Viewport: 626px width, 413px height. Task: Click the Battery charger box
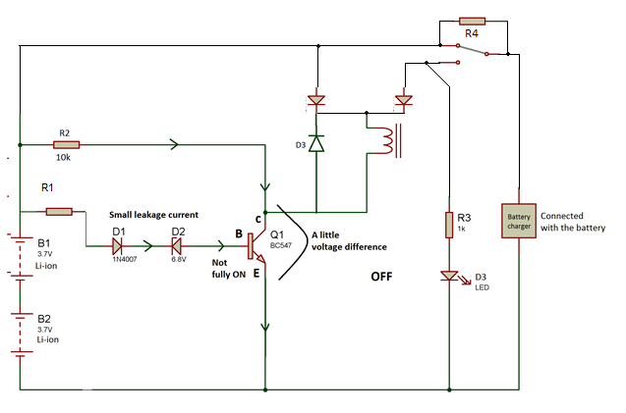pos(519,221)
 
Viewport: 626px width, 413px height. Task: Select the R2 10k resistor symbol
pos(66,145)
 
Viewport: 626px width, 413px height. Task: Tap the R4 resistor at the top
pos(472,22)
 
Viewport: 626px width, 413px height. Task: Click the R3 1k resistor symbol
pos(449,225)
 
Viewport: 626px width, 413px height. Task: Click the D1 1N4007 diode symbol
pos(117,246)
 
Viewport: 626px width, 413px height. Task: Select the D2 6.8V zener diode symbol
pos(177,246)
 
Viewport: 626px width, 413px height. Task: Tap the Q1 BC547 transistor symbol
pos(256,246)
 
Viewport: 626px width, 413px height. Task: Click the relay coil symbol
pos(390,140)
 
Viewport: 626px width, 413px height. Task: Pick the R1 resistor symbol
pos(59,211)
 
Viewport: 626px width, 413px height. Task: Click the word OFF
pos(381,277)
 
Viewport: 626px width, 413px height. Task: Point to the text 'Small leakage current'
pos(153,215)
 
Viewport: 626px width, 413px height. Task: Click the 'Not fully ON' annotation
pos(228,268)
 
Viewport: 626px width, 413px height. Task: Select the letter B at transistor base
pos(239,233)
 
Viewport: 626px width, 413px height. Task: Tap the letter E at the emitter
pos(256,273)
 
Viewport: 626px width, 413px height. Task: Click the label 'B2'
pos(44,319)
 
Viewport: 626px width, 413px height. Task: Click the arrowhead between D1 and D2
pos(148,246)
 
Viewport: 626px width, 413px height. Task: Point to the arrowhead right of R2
pos(174,144)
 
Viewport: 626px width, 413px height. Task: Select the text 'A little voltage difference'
pos(349,240)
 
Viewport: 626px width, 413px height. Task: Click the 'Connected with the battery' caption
pos(573,222)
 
